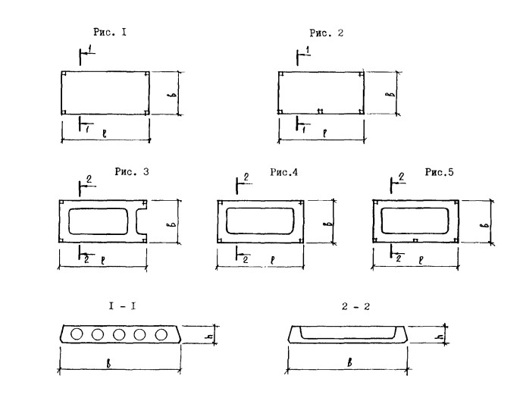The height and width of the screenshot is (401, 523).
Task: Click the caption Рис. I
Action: (110, 33)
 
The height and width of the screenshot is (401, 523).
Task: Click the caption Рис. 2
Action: (326, 33)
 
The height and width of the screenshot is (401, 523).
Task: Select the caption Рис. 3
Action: (132, 172)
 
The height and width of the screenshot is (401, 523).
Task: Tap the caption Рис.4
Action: (283, 172)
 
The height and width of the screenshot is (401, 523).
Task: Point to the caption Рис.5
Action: (440, 172)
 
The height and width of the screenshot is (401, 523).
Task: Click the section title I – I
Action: (122, 306)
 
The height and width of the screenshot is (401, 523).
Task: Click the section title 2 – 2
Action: (356, 306)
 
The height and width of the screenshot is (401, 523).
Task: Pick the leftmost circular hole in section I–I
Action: (77, 334)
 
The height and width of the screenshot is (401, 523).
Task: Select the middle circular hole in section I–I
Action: (119, 334)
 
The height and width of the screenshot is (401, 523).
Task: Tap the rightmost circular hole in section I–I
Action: (161, 334)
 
